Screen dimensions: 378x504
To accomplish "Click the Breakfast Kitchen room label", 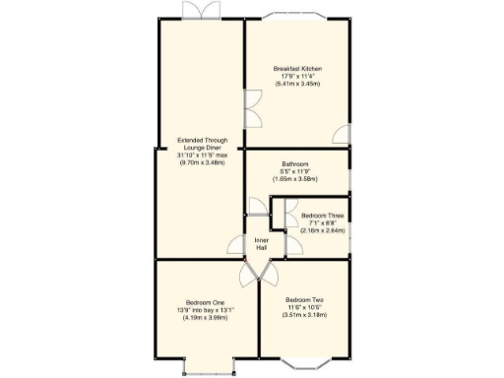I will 297,68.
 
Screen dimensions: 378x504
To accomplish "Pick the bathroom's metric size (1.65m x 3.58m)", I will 296,179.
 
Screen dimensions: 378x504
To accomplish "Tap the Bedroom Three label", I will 321,216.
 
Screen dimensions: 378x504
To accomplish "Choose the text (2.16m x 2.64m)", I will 321,230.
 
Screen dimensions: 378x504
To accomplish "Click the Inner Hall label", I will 262,243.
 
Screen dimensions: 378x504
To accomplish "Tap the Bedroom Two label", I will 305,299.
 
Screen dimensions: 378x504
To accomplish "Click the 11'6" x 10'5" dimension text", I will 305,307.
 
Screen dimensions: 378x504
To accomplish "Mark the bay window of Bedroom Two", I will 303,359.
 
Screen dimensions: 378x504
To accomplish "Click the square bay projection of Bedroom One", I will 208,364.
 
